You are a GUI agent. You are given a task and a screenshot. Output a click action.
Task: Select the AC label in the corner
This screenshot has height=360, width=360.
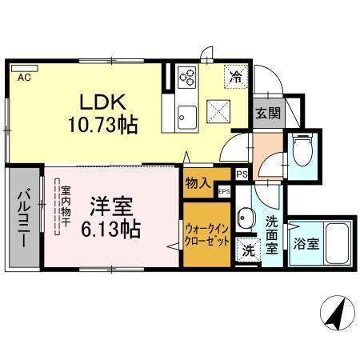[23, 78]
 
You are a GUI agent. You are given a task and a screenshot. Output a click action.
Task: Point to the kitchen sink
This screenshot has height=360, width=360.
[187, 114]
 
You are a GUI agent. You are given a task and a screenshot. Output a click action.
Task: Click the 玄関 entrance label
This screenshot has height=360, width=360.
[267, 113]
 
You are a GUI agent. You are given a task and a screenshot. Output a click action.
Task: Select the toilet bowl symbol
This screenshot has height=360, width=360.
[302, 150]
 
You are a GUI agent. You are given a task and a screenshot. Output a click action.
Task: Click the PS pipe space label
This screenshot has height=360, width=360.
[241, 172]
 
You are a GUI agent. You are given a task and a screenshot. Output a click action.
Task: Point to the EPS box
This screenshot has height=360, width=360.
[224, 190]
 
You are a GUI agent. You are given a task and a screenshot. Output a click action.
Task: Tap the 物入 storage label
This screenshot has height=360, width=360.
[197, 182]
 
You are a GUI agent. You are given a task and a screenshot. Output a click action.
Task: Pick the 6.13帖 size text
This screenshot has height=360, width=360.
[111, 229]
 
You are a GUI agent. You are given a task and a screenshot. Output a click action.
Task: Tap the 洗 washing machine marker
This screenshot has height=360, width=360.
[248, 249]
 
